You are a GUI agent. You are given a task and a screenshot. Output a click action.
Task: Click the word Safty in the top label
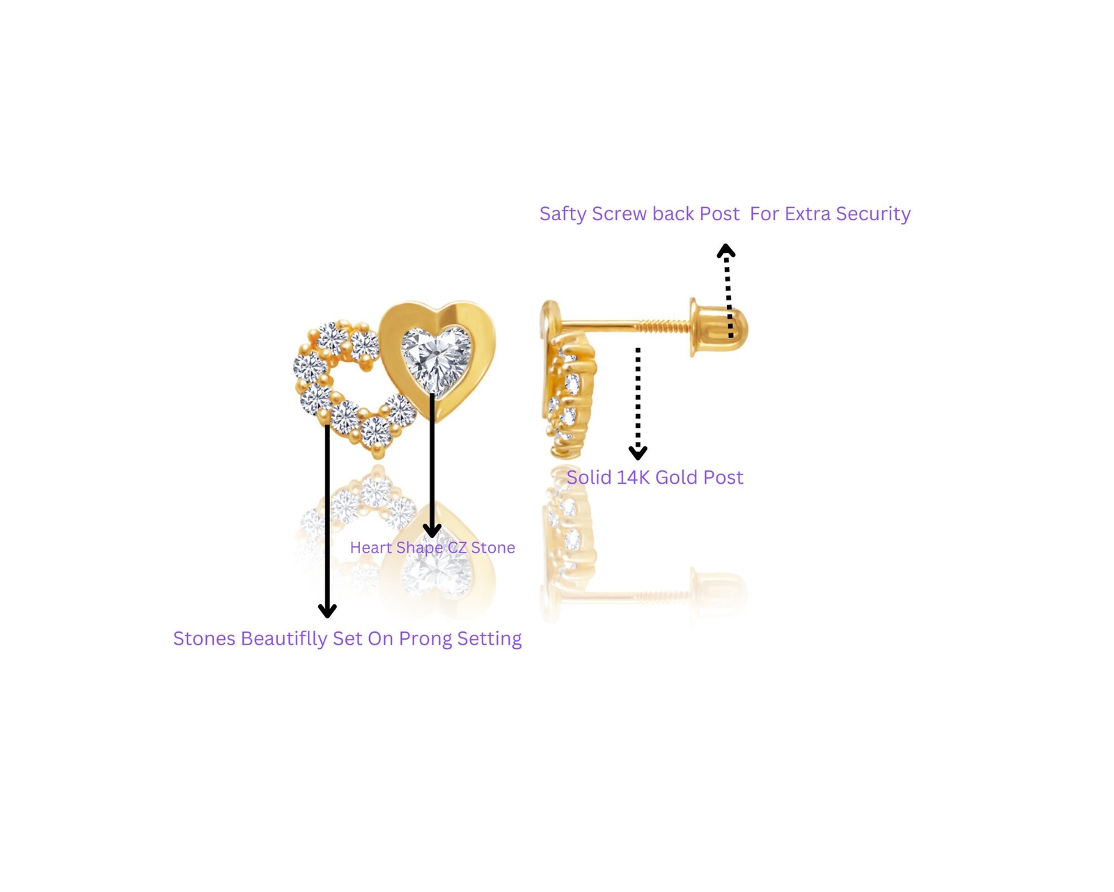[563, 214]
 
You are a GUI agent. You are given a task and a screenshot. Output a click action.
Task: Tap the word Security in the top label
[873, 214]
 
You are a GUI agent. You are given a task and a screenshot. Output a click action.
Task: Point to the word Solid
[588, 477]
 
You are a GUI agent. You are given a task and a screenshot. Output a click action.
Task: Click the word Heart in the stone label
[370, 548]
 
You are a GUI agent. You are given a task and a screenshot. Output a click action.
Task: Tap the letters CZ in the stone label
[457, 548]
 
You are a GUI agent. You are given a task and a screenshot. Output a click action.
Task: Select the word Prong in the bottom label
[425, 639]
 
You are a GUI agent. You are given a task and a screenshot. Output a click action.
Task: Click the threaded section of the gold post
[663, 325]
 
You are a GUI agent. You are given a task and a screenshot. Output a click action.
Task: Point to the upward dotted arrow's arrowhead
[726, 249]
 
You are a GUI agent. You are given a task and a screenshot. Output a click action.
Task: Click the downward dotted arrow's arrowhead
[638, 453]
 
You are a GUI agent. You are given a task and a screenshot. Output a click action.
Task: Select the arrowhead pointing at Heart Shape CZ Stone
[432, 530]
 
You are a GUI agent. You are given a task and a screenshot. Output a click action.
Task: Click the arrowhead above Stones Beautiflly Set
[327, 610]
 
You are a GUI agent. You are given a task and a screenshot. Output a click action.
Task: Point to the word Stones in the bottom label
[204, 639]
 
